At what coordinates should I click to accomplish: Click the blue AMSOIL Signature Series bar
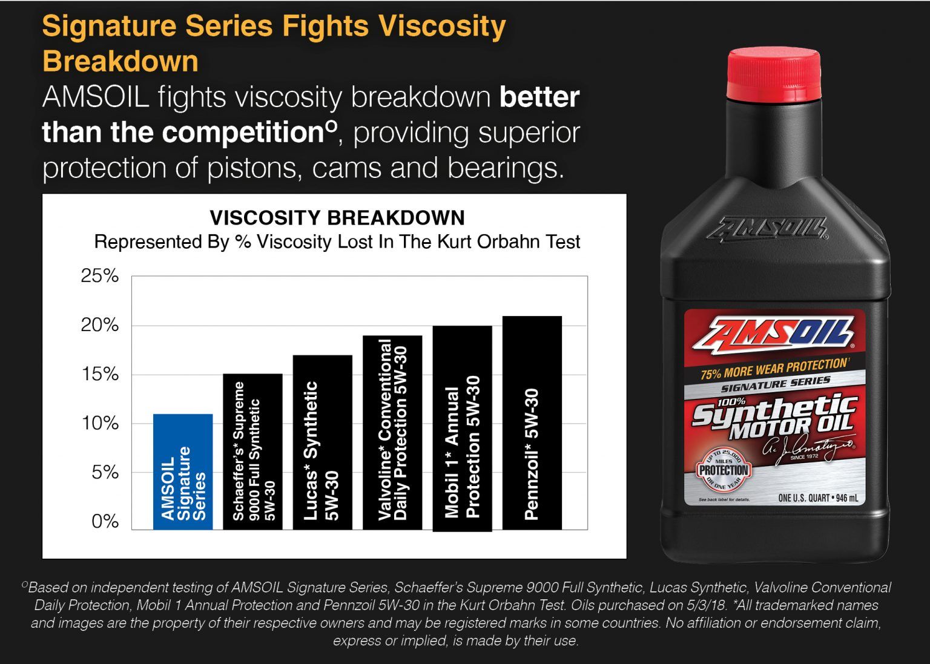[182, 472]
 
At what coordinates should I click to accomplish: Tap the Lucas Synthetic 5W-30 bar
[322, 442]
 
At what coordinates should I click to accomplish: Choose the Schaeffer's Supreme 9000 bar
[252, 452]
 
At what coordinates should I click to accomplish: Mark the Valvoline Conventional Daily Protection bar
[392, 432]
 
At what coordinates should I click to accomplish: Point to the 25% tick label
[100, 276]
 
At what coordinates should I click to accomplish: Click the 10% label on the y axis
[100, 423]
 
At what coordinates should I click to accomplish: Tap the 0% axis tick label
[105, 521]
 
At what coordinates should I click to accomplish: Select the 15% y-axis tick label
[100, 374]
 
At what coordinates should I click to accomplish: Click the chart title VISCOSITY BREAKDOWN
[337, 218]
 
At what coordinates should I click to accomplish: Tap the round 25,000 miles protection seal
[724, 470]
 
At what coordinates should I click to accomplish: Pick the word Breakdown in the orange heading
[120, 62]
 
